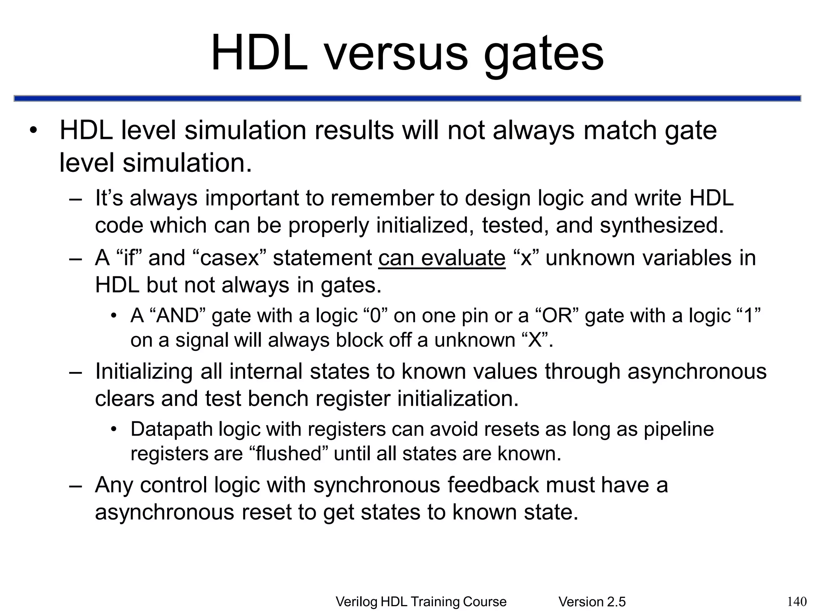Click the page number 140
tap(797, 601)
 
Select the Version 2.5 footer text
tap(592, 602)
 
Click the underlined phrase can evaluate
tap(442, 258)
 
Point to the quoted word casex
tap(230, 258)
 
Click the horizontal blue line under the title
tap(407, 99)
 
